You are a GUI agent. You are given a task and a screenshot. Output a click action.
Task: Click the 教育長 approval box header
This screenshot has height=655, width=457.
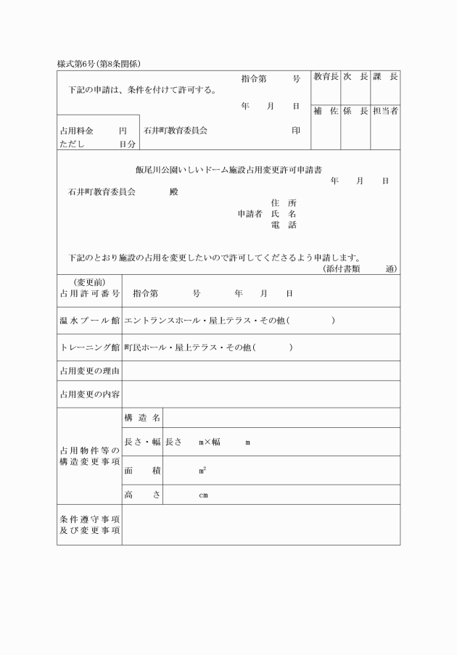coord(326,77)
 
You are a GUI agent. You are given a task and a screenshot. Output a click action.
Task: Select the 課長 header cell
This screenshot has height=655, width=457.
coord(385,77)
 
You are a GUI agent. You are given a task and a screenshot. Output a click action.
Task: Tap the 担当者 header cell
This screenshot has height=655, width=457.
coord(385,111)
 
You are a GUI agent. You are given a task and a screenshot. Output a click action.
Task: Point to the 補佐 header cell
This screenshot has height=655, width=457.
coord(326,111)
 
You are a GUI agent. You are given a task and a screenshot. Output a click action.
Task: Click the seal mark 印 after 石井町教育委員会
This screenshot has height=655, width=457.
coord(295,131)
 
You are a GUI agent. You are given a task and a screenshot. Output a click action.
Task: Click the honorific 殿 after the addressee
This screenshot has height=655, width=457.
coord(173,192)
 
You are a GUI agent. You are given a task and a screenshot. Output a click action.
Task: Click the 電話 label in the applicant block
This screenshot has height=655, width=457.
coord(283,225)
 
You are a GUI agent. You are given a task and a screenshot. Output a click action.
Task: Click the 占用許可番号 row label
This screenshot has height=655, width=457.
coord(90,294)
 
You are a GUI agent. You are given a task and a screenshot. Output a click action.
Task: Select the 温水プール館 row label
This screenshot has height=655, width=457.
coord(90,321)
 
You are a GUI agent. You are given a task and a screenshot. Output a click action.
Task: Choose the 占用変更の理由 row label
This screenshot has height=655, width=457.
coord(90,371)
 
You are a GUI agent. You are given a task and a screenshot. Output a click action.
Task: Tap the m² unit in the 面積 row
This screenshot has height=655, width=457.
coord(202,470)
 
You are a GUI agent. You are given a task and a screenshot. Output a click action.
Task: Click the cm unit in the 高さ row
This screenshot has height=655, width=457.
coord(204,495)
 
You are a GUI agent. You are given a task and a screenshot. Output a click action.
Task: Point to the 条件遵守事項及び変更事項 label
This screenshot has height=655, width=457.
coord(90,524)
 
